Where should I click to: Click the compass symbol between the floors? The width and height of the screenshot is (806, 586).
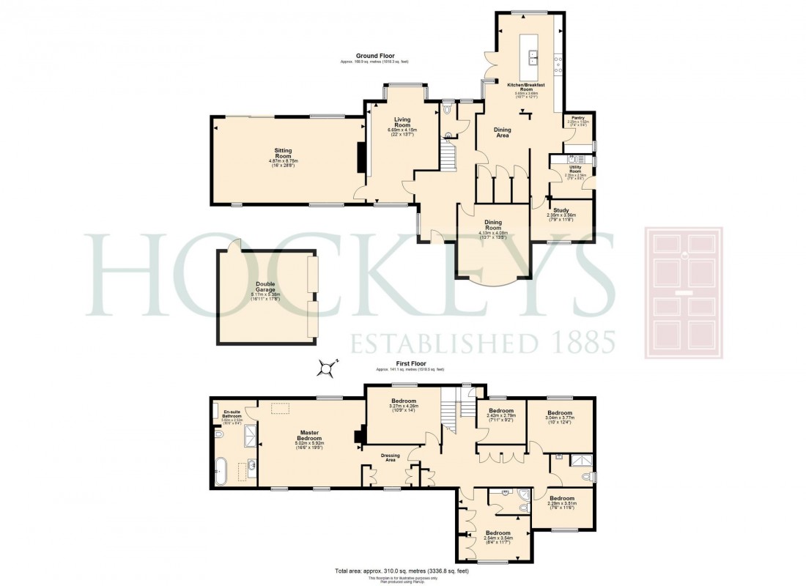coord(327,368)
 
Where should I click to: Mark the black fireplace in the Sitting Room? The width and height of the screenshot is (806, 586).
coord(361,156)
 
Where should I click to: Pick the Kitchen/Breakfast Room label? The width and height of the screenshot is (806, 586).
coord(526,88)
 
